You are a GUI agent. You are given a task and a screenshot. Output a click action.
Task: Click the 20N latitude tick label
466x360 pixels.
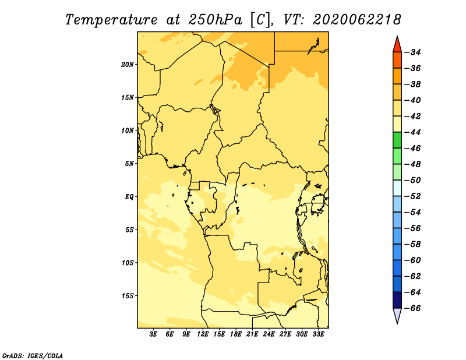[127, 65]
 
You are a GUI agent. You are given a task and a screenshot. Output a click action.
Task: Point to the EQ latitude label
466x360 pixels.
[129, 197]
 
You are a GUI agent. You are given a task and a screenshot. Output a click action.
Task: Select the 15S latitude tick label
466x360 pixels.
[128, 296]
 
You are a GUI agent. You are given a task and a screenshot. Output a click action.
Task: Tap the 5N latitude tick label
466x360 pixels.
[129, 164]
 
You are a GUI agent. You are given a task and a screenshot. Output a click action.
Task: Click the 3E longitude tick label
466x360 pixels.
[153, 334]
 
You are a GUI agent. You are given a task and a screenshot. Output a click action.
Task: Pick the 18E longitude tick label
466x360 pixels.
[236, 334]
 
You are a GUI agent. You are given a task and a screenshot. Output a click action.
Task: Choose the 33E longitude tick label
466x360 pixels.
[318, 334]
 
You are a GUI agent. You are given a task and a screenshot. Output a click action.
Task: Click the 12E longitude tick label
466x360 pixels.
[203, 334]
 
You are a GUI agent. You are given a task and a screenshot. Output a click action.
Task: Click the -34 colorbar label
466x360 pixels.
[413, 52]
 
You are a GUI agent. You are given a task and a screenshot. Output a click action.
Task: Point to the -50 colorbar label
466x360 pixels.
[413, 180]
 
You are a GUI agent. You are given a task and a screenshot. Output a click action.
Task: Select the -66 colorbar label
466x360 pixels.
[413, 308]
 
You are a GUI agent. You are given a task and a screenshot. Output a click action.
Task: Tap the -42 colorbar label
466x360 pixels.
[413, 117]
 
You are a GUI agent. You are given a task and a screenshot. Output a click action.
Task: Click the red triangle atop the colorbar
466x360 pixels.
[397, 45]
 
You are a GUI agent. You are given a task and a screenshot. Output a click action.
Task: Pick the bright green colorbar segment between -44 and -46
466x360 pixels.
[397, 140]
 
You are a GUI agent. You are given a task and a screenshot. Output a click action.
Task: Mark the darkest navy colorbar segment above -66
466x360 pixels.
[397, 300]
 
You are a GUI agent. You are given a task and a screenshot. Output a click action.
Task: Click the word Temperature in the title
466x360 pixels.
[111, 20]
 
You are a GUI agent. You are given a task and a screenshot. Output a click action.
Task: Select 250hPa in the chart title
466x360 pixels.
[214, 20]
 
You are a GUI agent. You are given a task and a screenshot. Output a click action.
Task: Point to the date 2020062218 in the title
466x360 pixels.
[356, 20]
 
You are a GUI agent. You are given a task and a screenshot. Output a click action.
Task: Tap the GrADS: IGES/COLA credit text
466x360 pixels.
[33, 355]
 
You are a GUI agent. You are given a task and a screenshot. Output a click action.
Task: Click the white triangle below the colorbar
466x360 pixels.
[397, 315]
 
